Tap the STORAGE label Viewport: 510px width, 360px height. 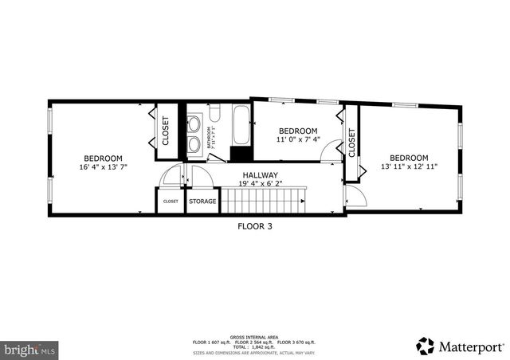(x=202, y=202)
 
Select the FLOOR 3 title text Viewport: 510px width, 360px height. (x=255, y=226)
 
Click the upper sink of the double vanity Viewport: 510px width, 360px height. (x=195, y=123)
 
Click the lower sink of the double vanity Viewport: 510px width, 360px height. (x=195, y=144)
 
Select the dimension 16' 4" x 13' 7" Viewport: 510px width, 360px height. (x=104, y=167)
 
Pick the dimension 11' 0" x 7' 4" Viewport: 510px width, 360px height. (x=297, y=139)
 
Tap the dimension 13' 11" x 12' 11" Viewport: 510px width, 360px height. (x=409, y=166)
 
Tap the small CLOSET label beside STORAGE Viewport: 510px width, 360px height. (x=171, y=202)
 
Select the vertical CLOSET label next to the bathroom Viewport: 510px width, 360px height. (x=166, y=131)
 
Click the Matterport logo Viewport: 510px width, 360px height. (x=460, y=346)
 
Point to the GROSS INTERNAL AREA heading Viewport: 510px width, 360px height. (x=254, y=337)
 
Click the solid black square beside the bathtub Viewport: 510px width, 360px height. (x=238, y=155)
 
